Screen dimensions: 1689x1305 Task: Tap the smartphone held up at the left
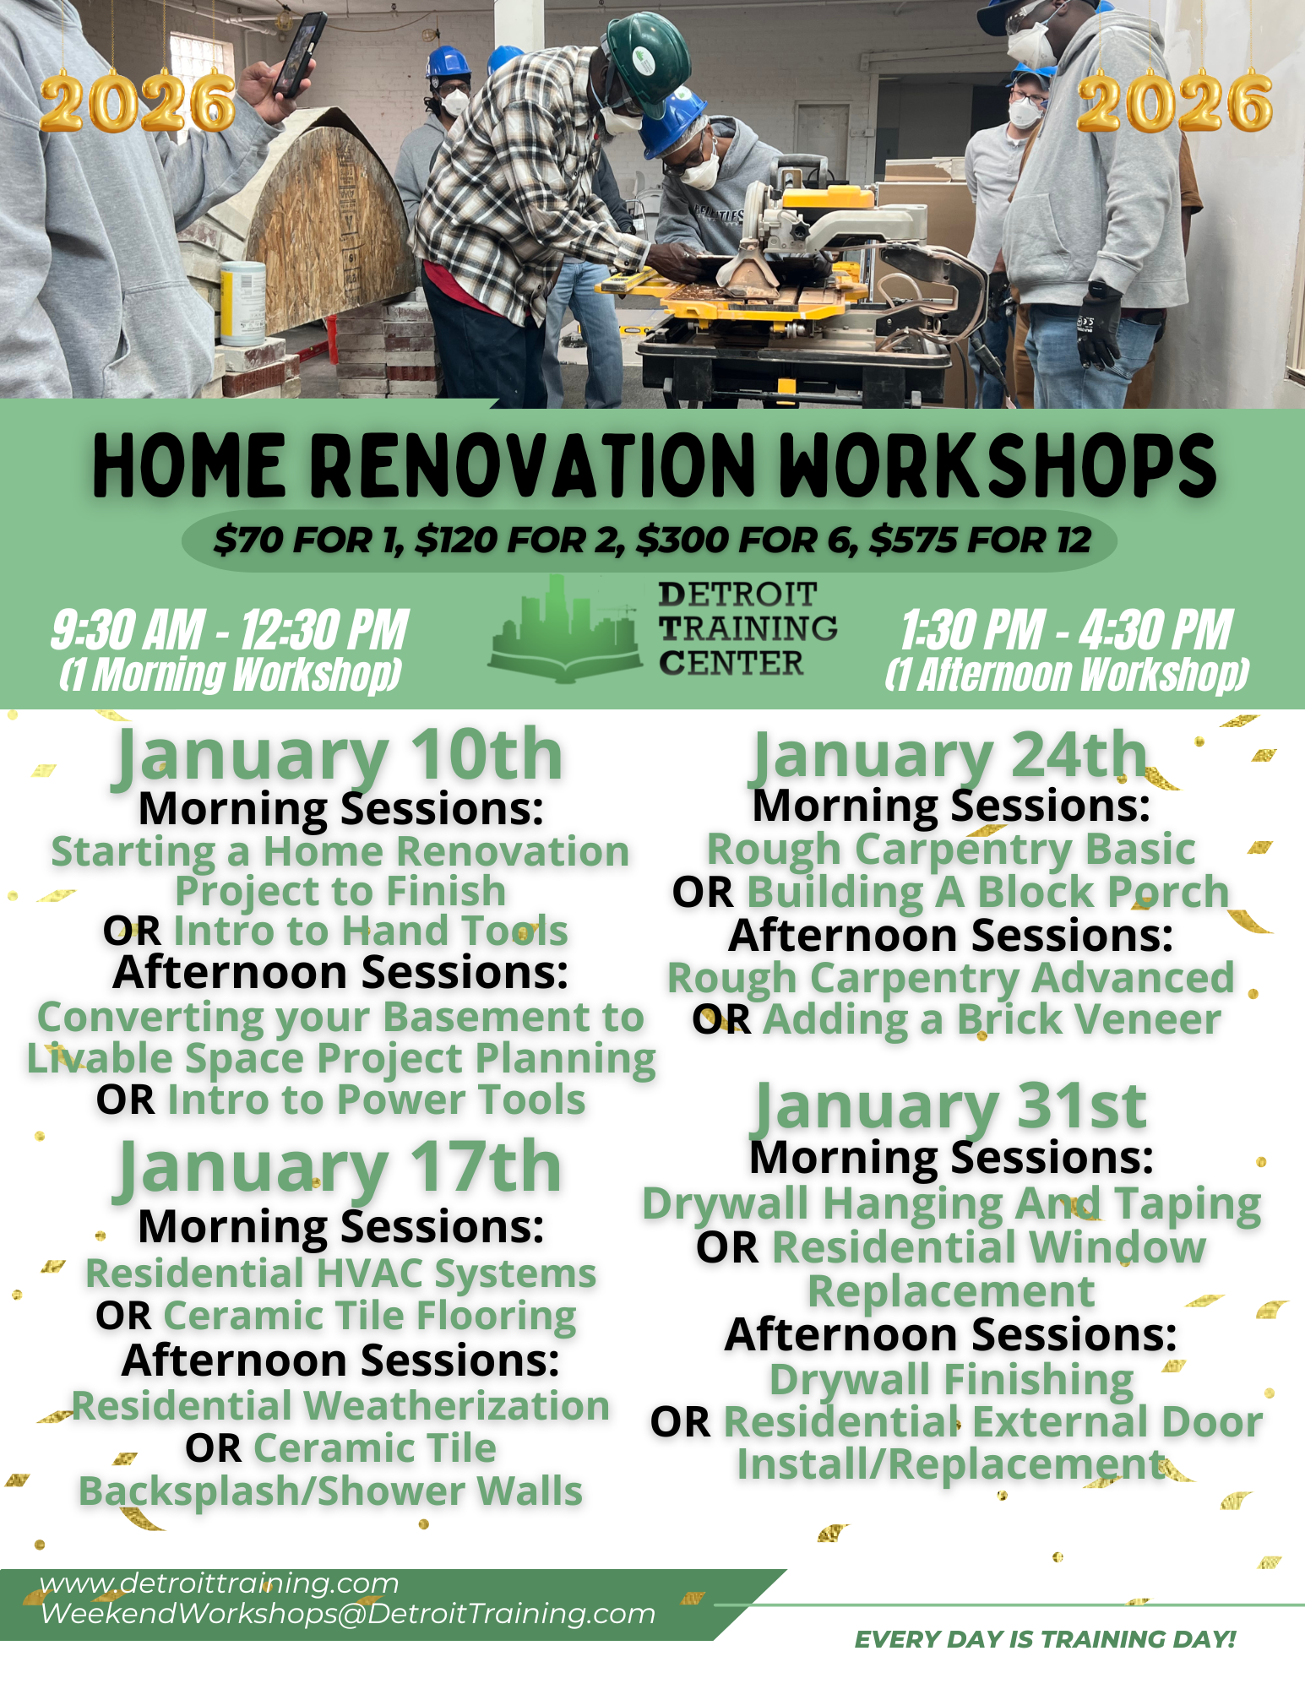(x=300, y=55)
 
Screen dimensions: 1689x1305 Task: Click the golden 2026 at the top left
(x=137, y=104)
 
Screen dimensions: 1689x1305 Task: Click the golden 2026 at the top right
(x=1174, y=104)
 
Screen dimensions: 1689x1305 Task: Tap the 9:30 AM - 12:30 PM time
(x=230, y=630)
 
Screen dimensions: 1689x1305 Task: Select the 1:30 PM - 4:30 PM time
(x=1066, y=630)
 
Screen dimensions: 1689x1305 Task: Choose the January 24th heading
(x=949, y=754)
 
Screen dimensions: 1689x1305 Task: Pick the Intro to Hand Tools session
(x=370, y=931)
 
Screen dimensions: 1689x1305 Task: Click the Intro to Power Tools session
(x=376, y=1100)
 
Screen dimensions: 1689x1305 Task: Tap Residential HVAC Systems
(x=340, y=1274)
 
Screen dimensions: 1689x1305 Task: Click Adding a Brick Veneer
(x=992, y=1019)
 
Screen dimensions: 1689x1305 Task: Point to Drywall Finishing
(x=951, y=1380)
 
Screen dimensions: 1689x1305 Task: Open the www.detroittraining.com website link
(x=220, y=1583)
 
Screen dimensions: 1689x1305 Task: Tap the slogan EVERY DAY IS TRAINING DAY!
(x=1045, y=1639)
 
